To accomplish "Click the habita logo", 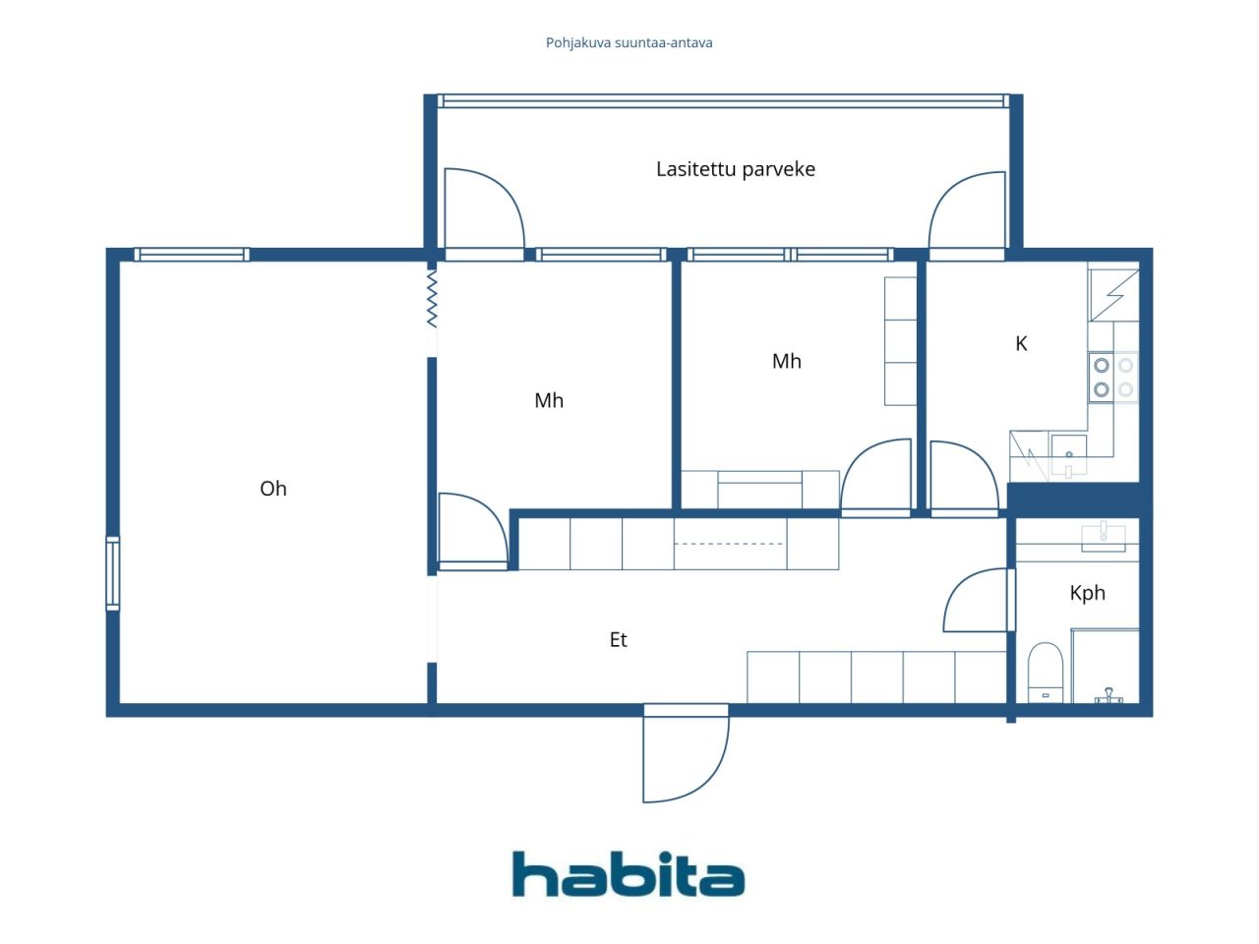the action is (629, 874).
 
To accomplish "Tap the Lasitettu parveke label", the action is (736, 170).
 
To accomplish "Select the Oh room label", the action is (273, 489).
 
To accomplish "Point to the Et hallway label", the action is (619, 639).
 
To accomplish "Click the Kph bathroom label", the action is (1087, 593).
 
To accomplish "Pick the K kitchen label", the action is (1021, 343).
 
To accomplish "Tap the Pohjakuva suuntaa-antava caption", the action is (629, 43).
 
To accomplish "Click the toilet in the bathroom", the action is (1045, 673).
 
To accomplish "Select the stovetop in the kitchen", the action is (1113, 378).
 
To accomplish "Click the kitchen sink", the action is (1068, 455).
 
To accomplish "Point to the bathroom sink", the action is (1103, 537).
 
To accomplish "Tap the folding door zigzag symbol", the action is (432, 299).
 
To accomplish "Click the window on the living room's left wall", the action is (113, 573).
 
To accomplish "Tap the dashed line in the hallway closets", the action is (729, 544).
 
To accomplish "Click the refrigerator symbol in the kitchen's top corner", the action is (1113, 295).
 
